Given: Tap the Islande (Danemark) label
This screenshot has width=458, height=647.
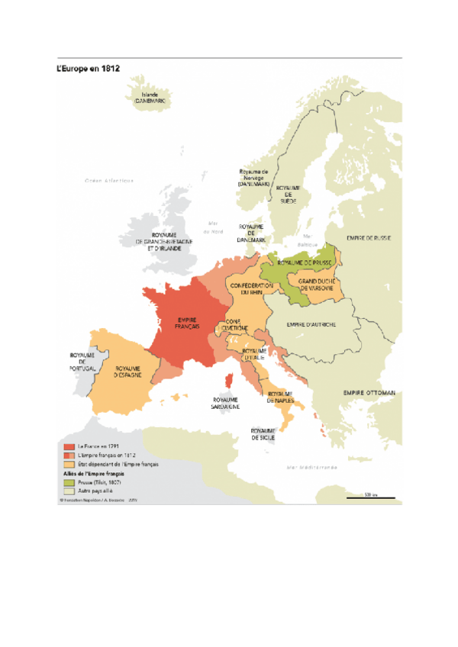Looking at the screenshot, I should [150, 98].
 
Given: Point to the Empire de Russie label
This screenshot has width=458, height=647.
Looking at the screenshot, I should [369, 238].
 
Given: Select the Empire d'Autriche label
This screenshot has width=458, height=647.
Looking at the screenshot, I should [311, 324].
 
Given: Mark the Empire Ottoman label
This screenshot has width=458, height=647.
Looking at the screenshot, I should [369, 393].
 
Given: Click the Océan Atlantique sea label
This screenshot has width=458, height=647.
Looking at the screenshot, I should [108, 181].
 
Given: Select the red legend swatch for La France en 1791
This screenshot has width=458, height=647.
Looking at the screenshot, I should [68, 446].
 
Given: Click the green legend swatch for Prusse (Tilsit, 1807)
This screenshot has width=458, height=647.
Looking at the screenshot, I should [68, 483].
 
